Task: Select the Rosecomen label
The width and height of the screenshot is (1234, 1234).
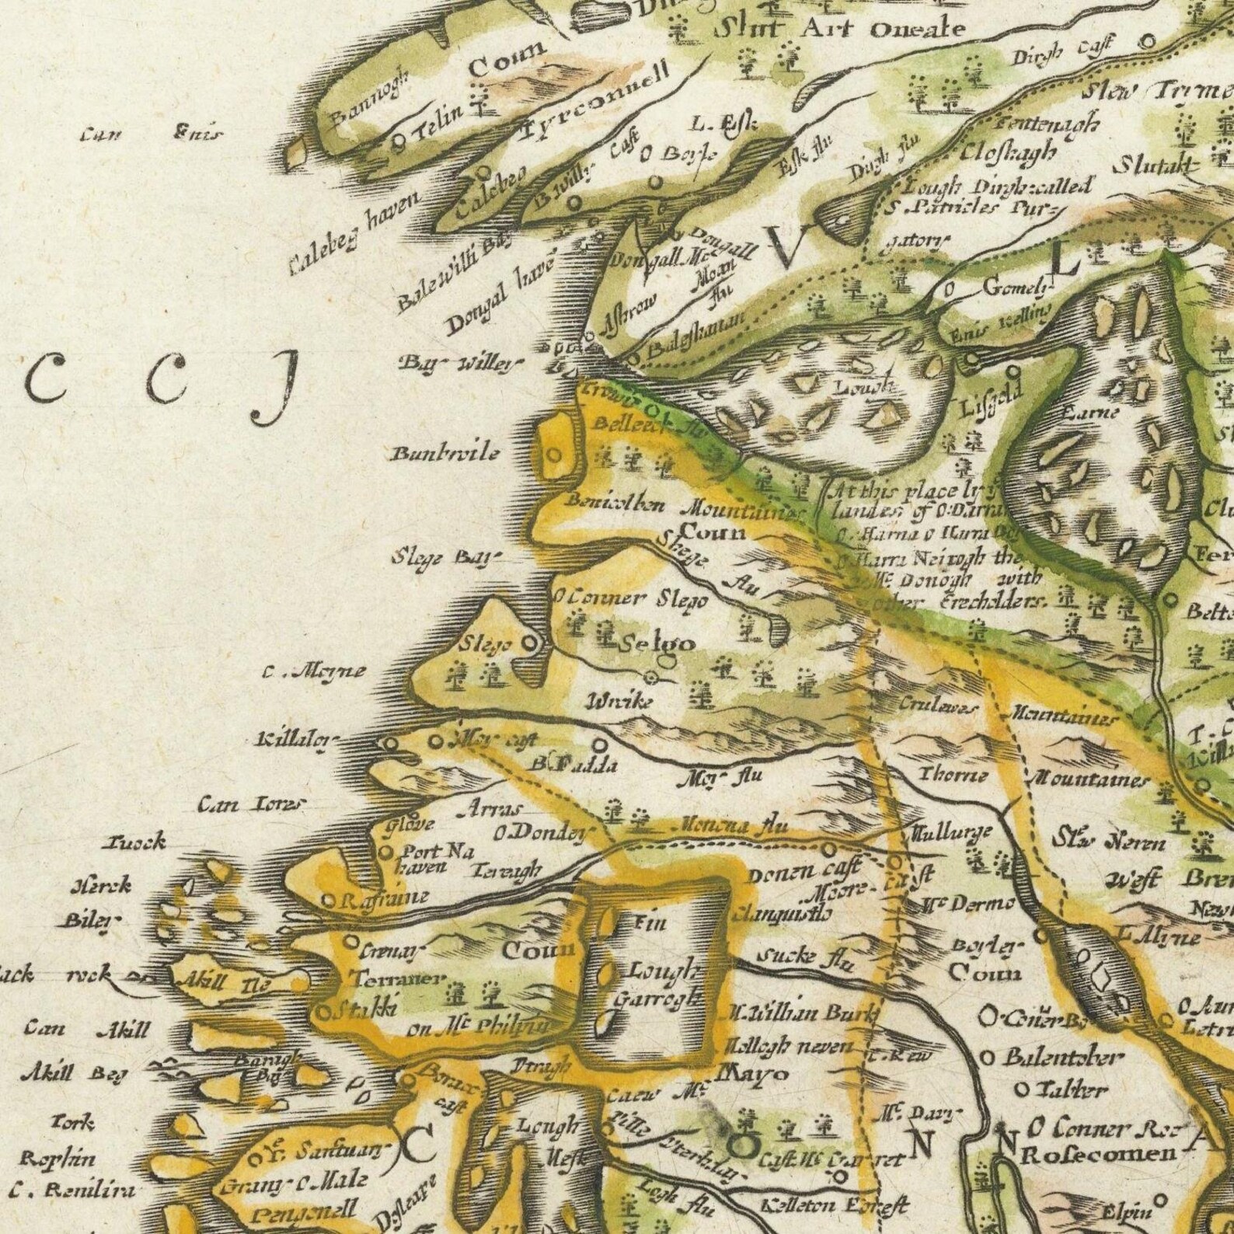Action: click(1087, 1153)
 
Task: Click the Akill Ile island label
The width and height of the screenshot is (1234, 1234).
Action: click(224, 985)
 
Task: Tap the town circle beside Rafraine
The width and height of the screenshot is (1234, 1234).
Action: click(329, 901)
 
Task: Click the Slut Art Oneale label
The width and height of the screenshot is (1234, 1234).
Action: click(839, 30)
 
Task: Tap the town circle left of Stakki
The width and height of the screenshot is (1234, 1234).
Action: click(323, 1012)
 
